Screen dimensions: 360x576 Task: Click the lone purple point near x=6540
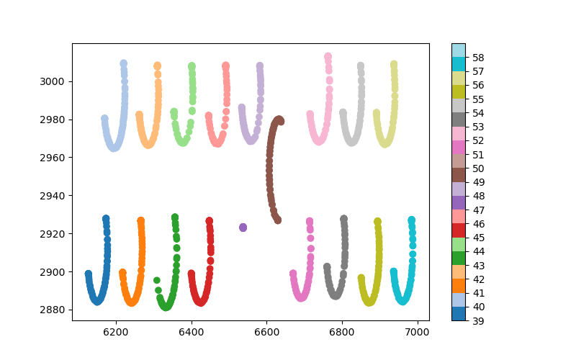click(243, 228)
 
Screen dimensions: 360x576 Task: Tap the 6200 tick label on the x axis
click(116, 332)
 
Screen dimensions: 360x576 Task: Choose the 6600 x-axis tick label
click(266, 332)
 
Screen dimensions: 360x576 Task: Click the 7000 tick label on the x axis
click(418, 332)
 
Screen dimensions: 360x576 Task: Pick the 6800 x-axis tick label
click(342, 332)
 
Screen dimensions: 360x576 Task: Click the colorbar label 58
click(478, 57)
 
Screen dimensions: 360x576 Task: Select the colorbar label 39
click(478, 320)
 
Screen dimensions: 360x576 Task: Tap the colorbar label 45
click(478, 237)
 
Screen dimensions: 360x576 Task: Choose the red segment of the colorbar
click(458, 230)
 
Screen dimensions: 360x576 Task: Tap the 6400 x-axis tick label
click(192, 332)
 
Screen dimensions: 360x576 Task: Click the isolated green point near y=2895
click(157, 281)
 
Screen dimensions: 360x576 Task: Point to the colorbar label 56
click(478, 85)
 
